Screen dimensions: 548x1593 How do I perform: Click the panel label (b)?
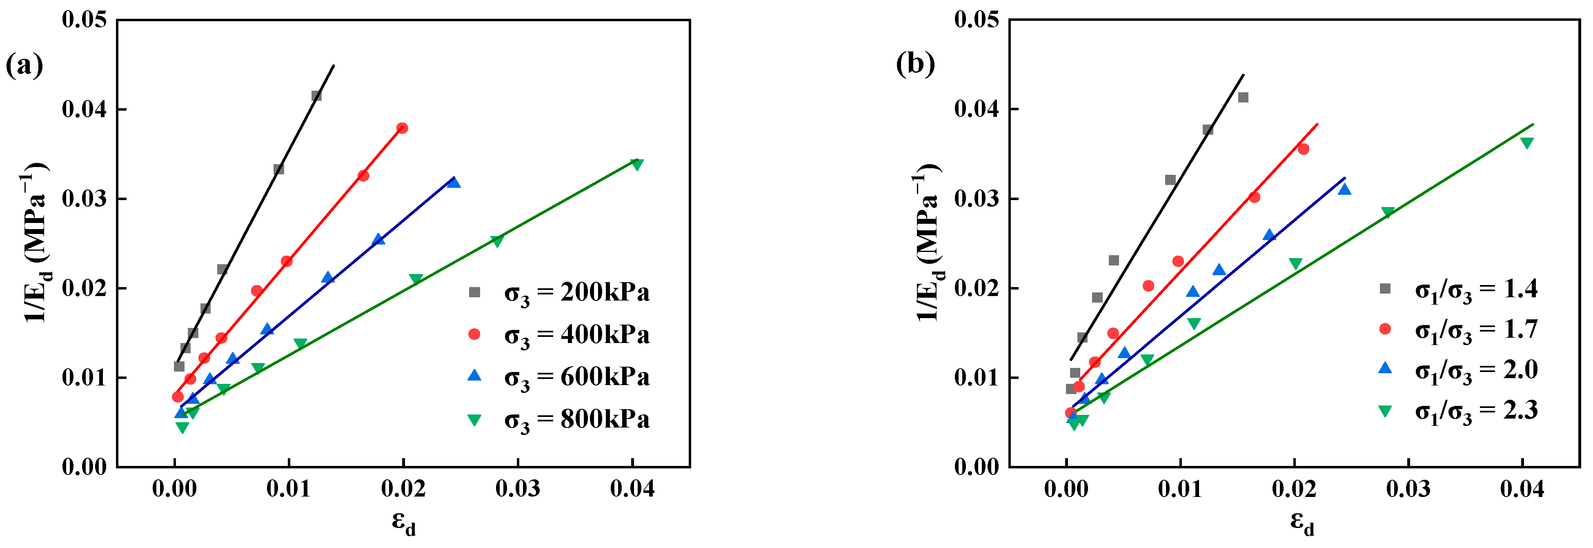[x=915, y=65]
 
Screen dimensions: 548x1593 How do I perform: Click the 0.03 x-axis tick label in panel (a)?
[x=518, y=489]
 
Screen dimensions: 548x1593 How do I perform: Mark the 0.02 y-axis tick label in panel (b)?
[x=977, y=289]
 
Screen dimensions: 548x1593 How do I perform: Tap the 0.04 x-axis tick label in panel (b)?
[x=1522, y=489]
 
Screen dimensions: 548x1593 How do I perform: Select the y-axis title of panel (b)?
[x=928, y=243]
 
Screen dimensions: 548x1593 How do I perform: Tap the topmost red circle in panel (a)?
[x=403, y=129]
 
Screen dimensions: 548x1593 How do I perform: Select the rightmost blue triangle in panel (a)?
[x=454, y=183]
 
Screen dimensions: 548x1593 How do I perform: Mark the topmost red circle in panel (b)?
[x=1303, y=149]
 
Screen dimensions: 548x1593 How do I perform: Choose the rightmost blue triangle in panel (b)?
[x=1344, y=189]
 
